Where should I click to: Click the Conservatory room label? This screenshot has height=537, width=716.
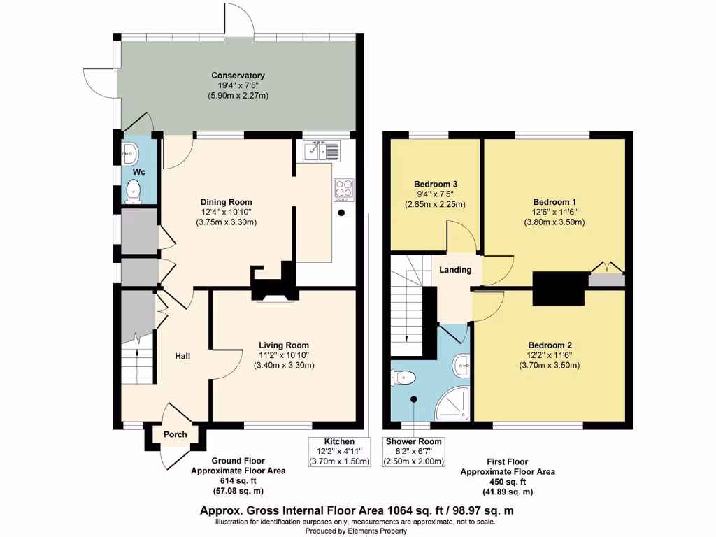(238, 75)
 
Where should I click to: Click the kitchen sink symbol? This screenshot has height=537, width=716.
(321, 150)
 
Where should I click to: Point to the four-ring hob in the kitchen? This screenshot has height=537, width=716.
(344, 189)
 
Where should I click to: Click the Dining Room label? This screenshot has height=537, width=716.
(225, 202)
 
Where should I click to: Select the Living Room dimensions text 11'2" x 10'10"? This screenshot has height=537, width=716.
(283, 355)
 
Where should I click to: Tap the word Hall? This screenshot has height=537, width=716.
(182, 356)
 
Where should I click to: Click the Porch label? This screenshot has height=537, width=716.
(176, 434)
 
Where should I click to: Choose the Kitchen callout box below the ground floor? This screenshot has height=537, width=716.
(339, 451)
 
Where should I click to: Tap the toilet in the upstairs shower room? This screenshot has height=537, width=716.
(404, 378)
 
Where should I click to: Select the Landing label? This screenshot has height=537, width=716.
(455, 270)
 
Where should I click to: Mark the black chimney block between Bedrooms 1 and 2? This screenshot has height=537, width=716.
(559, 288)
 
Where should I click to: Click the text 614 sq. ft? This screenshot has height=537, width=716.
(238, 481)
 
